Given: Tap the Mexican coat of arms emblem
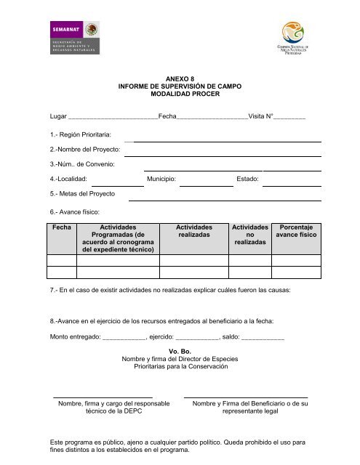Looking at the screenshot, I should (92, 31).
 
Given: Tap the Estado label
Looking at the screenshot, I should (248, 177).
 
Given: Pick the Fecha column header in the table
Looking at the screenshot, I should (63, 227).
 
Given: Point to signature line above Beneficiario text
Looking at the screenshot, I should (245, 397).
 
